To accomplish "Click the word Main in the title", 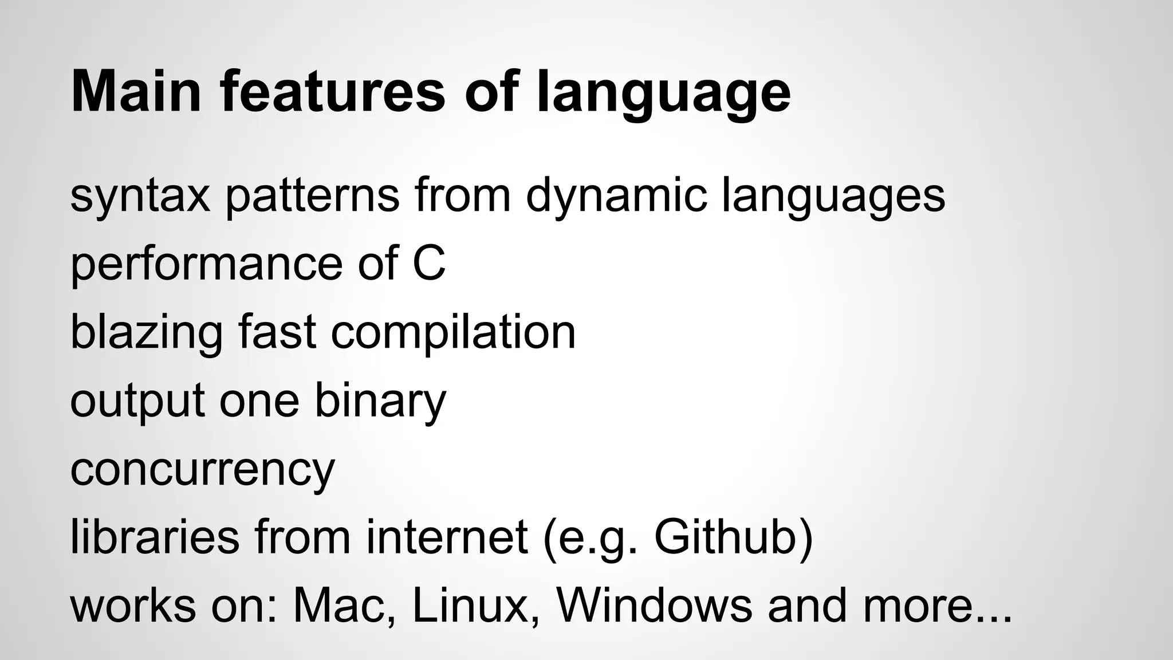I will click(136, 92).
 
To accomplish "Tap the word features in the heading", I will click(332, 92).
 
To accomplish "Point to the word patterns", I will click(312, 196).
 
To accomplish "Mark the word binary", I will click(380, 401).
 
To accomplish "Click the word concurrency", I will click(202, 469).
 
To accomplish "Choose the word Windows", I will click(654, 605).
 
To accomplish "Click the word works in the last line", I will click(133, 605).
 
